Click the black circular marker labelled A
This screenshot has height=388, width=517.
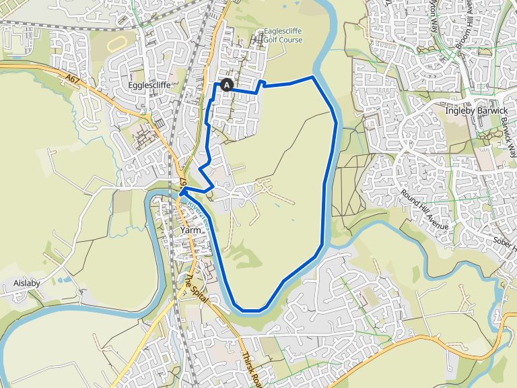[x=227, y=85]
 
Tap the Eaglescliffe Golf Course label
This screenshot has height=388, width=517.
[x=283, y=36]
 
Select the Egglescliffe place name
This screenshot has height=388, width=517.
[x=148, y=86]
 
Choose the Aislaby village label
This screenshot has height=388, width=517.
[x=27, y=283]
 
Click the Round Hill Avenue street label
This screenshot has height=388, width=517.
[x=425, y=209]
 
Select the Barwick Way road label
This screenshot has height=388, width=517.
[x=508, y=135]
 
